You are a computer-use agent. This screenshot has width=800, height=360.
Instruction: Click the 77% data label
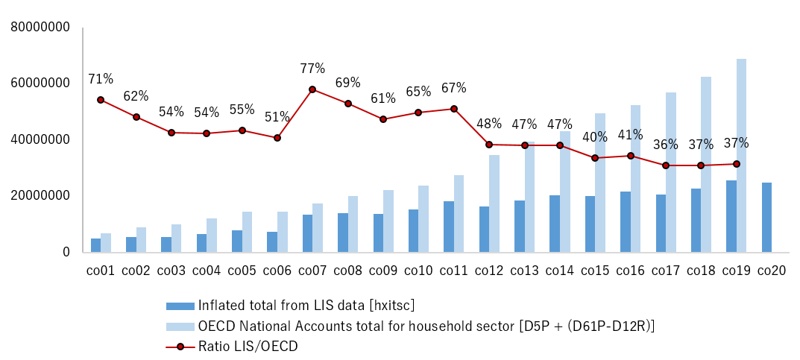point(312,69)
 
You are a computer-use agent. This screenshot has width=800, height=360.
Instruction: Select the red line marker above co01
point(101,100)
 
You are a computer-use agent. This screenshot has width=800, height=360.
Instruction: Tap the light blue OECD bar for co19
point(741,155)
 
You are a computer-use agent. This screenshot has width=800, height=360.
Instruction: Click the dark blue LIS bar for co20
point(766,217)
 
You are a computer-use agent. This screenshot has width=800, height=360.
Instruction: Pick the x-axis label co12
point(488,271)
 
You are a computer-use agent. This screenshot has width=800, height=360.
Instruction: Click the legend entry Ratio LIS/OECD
point(248,346)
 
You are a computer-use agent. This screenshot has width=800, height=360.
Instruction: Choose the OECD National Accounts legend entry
point(426,326)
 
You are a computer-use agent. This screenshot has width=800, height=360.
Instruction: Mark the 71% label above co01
point(101,79)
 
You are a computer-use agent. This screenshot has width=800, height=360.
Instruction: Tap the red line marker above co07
point(312,89)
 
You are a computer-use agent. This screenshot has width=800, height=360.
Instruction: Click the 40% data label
point(595,137)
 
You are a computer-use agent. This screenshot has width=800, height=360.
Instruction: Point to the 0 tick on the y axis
point(66,252)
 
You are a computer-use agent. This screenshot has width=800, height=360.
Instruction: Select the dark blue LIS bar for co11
point(449,227)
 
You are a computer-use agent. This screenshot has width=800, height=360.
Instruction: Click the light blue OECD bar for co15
point(600,183)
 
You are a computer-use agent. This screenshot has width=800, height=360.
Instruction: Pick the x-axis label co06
point(277,271)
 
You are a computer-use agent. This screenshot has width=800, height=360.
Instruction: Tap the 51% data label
point(277,117)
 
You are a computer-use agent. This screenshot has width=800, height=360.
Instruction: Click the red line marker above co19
point(737,164)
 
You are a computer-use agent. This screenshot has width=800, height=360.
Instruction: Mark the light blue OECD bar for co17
point(671,172)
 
